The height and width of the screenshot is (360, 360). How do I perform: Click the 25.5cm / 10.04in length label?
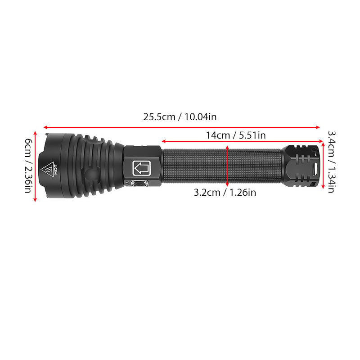180,117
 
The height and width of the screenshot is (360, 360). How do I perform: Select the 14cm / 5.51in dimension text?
236,135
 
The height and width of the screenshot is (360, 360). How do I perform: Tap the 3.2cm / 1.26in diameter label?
225,193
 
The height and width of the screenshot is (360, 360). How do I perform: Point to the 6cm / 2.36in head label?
28,165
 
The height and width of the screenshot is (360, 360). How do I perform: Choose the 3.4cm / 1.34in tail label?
332,162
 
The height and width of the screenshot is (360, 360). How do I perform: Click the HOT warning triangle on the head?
47,170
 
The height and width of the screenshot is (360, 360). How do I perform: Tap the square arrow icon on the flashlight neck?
141,168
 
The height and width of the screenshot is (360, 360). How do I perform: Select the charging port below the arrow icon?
139,184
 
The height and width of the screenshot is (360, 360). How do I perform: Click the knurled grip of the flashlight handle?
222,166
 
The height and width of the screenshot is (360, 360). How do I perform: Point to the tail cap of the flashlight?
301,166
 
